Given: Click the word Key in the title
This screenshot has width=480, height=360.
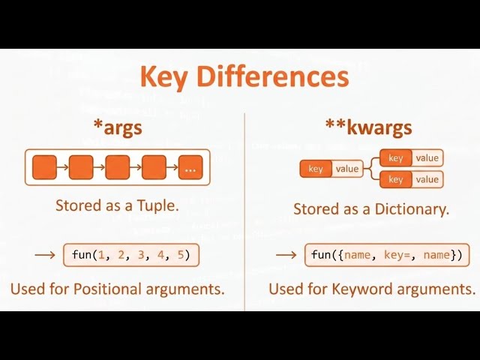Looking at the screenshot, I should coord(165,77).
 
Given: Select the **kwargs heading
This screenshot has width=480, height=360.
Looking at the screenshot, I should coord(369,127).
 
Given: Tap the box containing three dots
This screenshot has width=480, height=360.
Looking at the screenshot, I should coord(190,168).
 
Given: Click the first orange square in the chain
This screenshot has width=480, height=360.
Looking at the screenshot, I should coord(45,168).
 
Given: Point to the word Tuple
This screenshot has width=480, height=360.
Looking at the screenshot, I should coord(157,205).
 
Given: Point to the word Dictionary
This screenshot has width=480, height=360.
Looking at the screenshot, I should coord(411,209).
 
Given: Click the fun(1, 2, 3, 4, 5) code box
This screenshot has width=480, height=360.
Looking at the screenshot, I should coord(131,255).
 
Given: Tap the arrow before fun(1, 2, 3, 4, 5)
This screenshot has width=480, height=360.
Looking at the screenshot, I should coord(45,255).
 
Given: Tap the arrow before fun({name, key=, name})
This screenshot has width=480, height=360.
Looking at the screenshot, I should coord(286,255).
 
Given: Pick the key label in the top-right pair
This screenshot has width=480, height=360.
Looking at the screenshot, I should coord(396,158).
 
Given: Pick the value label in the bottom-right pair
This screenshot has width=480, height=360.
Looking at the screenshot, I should coord(427,179).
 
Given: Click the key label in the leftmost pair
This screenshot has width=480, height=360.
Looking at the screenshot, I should coord(316,169).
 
